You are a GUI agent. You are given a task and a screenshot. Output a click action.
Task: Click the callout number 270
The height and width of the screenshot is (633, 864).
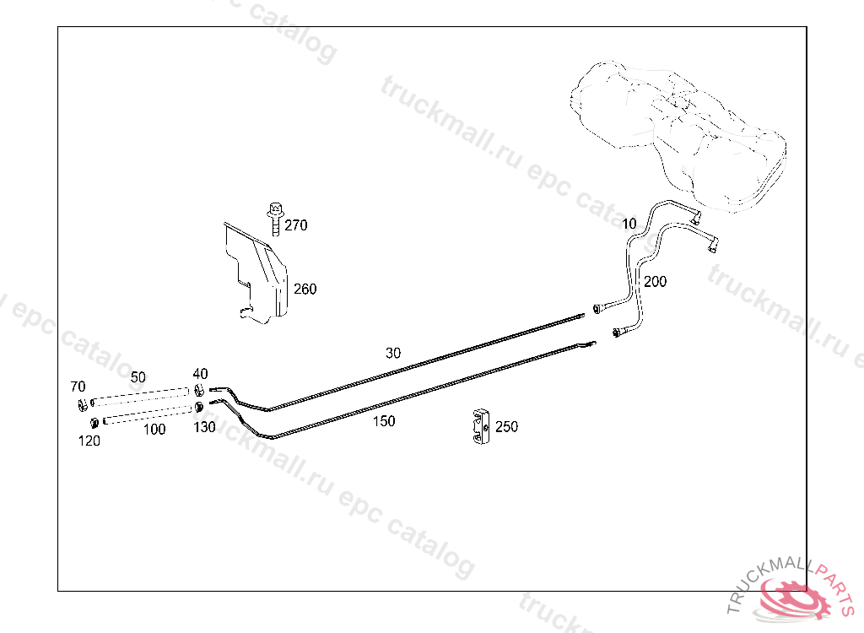pos(296,225)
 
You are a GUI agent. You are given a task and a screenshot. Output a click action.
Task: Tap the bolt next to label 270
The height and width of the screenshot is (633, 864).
pos(274,217)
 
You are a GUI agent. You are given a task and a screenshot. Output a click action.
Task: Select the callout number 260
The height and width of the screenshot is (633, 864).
pos(305,289)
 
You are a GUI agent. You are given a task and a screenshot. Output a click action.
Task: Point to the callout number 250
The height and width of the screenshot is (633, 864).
pos(506,427)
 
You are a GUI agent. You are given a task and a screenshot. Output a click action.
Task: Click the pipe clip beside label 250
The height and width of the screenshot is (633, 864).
pos(480,427)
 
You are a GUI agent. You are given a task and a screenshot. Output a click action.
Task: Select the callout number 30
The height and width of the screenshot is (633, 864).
pos(393,354)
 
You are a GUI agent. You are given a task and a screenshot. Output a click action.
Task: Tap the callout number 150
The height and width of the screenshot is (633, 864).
pos(383,421)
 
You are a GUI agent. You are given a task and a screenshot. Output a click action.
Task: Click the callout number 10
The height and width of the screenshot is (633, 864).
pos(629,224)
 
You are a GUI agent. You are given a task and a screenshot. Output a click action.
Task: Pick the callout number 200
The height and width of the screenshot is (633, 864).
pos(655,282)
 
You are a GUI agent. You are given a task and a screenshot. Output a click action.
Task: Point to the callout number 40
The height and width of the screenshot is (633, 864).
pos(200,374)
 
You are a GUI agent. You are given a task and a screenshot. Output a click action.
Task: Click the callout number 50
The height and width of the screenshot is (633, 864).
pos(138,376)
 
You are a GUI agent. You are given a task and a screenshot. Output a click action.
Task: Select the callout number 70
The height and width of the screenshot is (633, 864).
pos(78,387)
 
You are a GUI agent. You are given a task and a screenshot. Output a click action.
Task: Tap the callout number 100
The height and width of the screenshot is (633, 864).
pos(154,430)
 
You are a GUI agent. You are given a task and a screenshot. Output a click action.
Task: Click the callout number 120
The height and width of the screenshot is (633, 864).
pos(89,441)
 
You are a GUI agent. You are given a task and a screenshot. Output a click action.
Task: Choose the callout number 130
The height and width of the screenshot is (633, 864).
pos(204,427)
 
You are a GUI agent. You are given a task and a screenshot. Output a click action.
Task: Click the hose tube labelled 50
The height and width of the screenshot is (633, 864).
pos(139,395)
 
